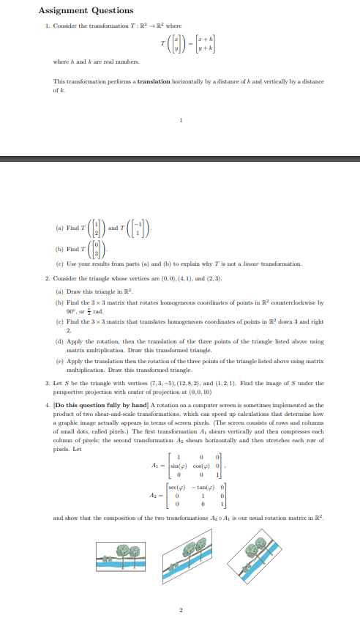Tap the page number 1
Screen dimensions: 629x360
[x=179, y=122]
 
